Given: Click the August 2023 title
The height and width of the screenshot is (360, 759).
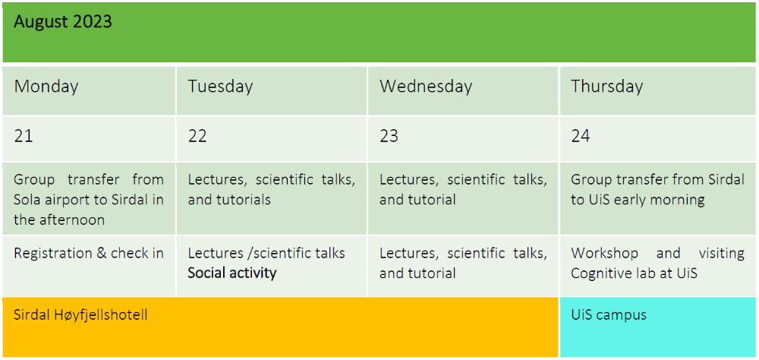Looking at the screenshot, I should point(62,22).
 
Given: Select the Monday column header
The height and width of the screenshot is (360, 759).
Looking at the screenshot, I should point(46,87).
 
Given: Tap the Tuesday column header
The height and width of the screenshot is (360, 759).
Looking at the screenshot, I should point(220,87).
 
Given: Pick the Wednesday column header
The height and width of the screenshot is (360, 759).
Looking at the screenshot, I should point(426,87).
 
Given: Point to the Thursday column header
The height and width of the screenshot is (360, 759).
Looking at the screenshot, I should point(606,87).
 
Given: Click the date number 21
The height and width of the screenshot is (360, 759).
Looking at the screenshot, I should point(24,137).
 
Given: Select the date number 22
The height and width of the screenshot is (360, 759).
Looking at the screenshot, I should point(197,137).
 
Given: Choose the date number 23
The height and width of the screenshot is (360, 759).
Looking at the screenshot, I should point(389,137).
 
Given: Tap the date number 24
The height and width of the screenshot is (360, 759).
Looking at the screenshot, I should point(581,137).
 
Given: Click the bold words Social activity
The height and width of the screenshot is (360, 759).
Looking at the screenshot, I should point(232,273).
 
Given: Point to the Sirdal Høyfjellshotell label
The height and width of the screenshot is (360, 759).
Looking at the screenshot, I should point(80,314).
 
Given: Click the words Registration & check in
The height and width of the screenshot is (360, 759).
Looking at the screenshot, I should point(89,253).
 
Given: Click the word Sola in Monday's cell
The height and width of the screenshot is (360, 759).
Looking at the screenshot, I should point(28,200).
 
